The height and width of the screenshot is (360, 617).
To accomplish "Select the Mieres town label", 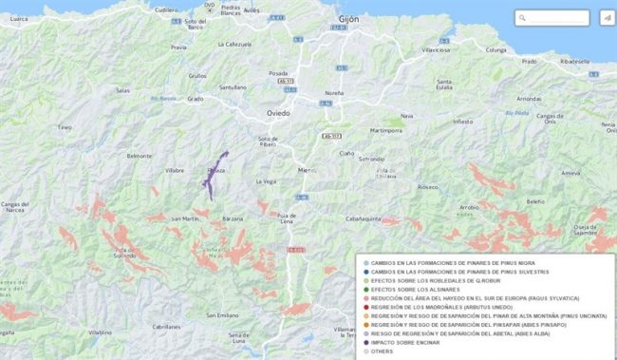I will click(308, 170).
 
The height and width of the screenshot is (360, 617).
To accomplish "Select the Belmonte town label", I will click(139, 155).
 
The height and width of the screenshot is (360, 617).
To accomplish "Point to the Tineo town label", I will click(65, 126).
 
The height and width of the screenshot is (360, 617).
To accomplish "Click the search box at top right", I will click(555, 17).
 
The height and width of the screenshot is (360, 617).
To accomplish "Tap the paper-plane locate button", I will click(607, 17).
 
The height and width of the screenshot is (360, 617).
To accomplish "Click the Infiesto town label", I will click(462, 122).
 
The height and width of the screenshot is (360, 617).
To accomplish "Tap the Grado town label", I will click(196, 98).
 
